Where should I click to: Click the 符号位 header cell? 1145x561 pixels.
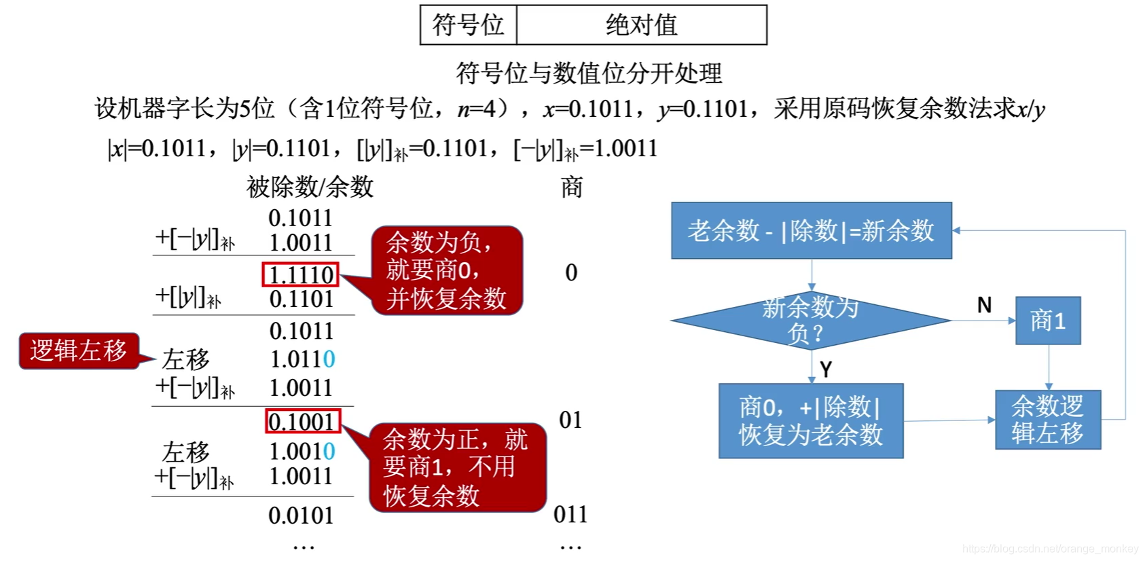468,25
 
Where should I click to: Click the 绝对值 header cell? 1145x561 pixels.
641,25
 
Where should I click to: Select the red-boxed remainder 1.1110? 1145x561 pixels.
301,275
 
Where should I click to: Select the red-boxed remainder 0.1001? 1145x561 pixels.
302,422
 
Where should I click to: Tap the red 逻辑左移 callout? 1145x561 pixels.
79,350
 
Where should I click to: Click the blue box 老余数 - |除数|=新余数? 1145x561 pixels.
811,231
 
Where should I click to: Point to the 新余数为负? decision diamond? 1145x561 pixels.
810,321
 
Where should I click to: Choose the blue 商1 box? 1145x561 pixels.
1048,321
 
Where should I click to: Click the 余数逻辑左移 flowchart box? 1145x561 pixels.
1047,420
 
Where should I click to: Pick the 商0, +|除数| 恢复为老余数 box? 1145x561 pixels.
811,421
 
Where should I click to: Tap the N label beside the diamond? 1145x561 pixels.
984,306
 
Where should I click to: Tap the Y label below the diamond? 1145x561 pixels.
826,369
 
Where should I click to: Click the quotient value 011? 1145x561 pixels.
570,515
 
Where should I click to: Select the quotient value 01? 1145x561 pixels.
570,420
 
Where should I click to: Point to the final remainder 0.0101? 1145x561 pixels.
301,516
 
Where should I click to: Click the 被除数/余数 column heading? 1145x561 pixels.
310,187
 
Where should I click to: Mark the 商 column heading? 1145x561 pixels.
572,187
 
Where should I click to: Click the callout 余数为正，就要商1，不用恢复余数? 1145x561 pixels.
456,468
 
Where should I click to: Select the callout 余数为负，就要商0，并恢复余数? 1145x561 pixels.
446,270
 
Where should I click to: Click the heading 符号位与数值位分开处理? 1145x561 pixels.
588,73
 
